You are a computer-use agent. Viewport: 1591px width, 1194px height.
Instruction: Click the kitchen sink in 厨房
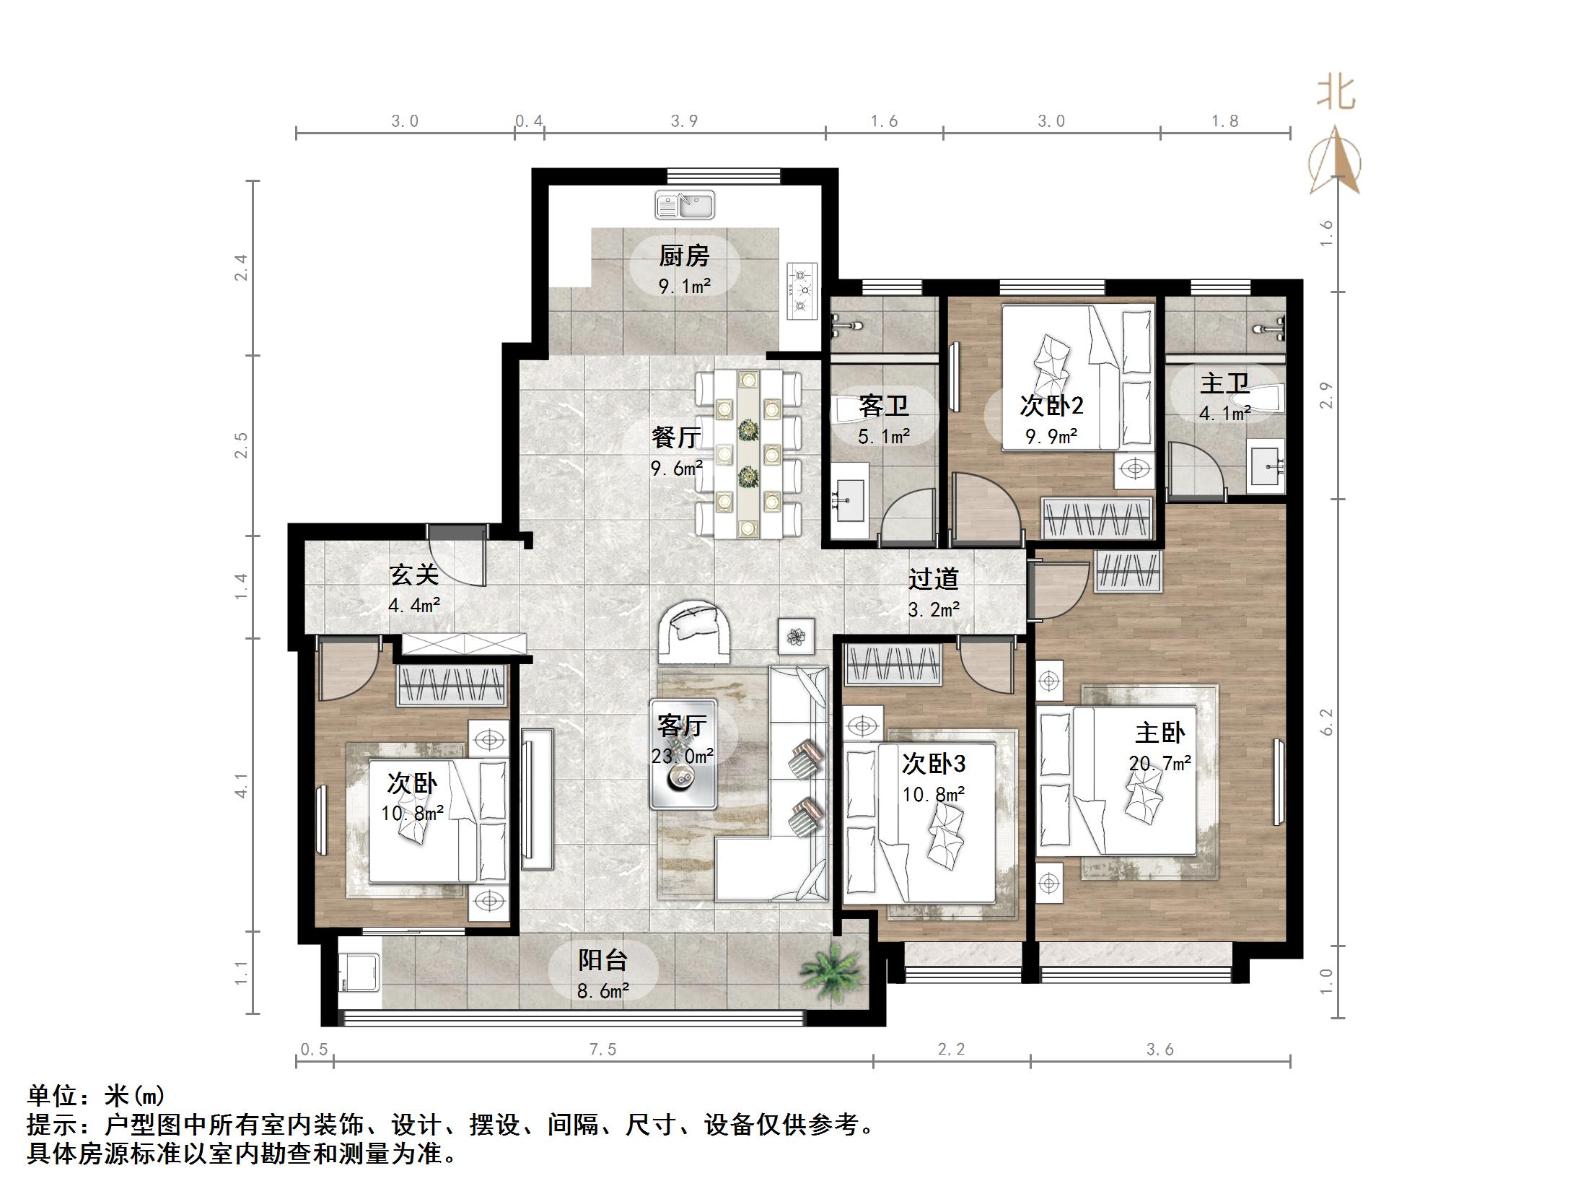point(684,205)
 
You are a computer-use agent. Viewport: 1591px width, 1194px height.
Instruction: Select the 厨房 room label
point(684,256)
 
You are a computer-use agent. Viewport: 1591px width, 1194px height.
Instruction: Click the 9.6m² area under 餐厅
point(676,469)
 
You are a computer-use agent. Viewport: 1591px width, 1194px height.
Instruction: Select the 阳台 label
point(602,960)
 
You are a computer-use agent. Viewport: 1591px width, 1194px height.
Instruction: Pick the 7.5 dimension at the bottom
point(602,1050)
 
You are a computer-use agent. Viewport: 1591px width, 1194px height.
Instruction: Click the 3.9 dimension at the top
point(684,121)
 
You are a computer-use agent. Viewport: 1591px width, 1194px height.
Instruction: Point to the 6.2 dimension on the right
point(1326,722)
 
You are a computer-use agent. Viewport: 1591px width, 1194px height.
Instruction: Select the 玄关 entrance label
point(413,575)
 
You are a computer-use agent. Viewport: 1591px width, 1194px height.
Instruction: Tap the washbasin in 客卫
point(849,499)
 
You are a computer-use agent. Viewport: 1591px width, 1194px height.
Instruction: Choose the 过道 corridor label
point(933,578)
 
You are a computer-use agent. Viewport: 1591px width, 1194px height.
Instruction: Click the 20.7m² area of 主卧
point(1159,762)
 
